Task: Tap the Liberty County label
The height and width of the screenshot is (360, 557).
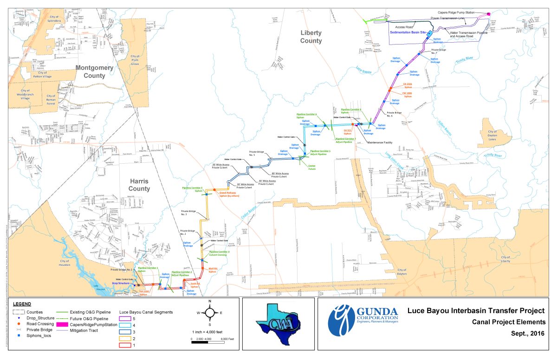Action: [311, 37]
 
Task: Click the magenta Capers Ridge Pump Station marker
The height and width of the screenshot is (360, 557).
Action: [488, 14]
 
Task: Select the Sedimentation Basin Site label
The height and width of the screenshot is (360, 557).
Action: [408, 33]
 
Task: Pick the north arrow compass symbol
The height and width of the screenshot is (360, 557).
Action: [210, 312]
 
